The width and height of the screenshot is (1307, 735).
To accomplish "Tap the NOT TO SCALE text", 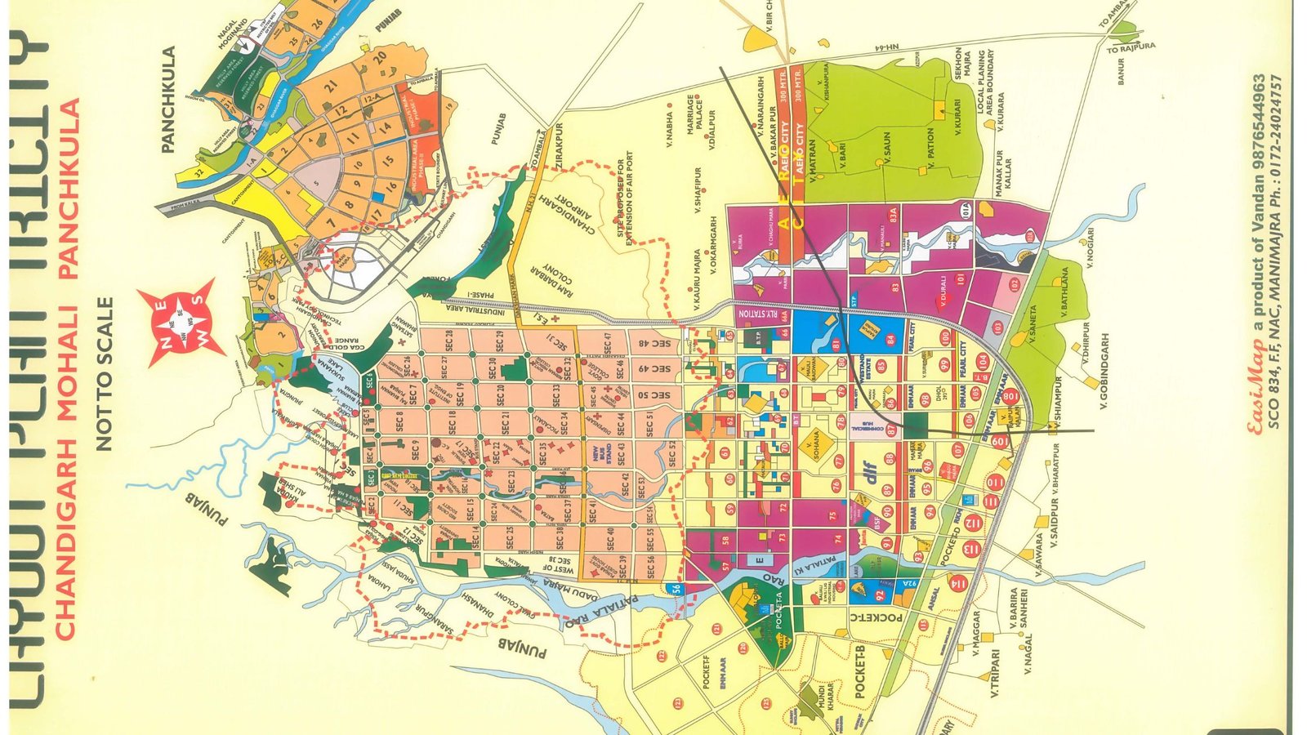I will click(x=105, y=373).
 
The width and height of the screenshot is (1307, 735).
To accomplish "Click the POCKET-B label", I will click(x=859, y=670).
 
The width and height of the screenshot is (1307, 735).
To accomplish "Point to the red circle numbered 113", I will click(x=971, y=549).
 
